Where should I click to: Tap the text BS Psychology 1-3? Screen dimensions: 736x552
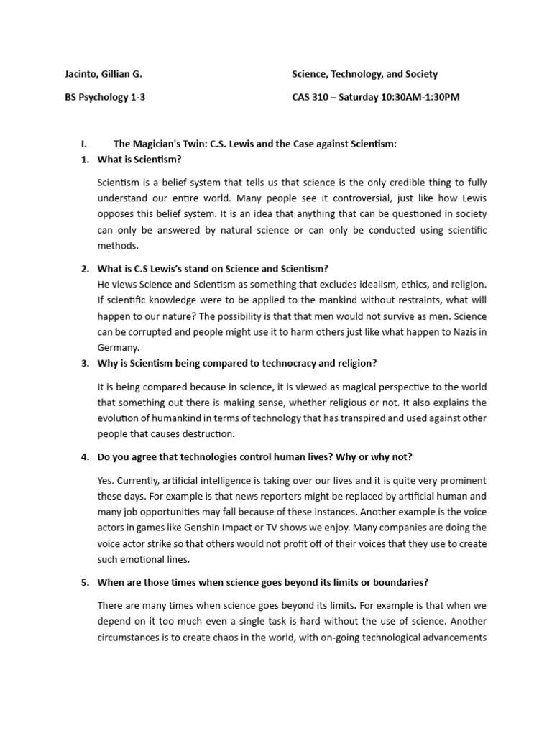coord(105,97)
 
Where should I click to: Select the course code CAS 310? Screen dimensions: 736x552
coord(310,97)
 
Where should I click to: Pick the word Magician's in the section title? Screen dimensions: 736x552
coord(156,144)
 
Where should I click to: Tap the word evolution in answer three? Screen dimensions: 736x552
coord(118,418)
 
